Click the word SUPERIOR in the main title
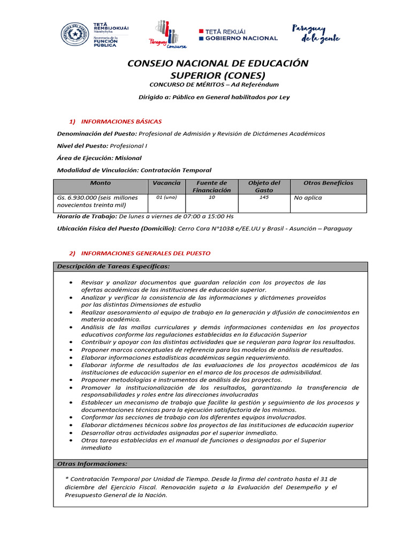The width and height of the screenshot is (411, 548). pos(194,75)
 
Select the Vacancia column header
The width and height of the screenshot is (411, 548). pos(166,183)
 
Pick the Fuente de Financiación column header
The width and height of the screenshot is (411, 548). pos(211,186)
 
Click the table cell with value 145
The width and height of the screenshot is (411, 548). pos(263,197)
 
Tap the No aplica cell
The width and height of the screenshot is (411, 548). pos(308,198)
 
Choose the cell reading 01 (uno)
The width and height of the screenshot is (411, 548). pos(166,197)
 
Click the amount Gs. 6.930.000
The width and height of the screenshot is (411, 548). pos(77,197)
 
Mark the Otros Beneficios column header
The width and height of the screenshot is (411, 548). pos(328,183)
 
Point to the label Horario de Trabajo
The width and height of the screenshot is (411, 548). pos(86,217)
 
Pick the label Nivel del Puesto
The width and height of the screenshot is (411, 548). pos(82,146)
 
